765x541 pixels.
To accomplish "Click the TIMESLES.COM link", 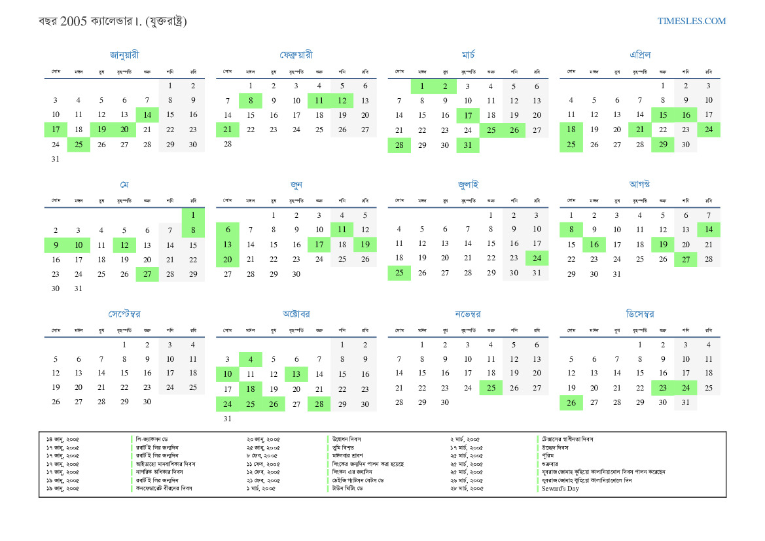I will pos(692,21).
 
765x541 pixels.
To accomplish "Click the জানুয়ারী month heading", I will pos(124,55).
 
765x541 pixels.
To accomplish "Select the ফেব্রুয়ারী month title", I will pos(296,55).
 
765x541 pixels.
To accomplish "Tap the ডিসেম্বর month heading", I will pos(639,314).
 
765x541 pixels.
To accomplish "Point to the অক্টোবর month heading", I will pos(296,314).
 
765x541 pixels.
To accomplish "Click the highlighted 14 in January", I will pos(147,114).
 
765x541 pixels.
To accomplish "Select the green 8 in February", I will pos(250,101).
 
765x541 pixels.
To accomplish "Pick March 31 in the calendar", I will pos(468,145).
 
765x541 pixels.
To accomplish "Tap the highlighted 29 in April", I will pos(662,145).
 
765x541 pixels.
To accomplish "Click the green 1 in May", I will pos(193,215).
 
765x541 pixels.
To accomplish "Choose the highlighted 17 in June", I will pos(319,245).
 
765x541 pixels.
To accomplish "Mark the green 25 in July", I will pos(399,273).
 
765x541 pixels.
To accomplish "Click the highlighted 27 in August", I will pos(685,259).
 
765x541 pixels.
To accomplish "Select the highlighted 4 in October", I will pos(250,359).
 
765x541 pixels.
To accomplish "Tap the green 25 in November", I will pos(491,388).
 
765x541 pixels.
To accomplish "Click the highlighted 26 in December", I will pos(571,402).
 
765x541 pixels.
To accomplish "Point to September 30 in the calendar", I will pos(147,402).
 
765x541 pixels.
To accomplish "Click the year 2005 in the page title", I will pos(73,22).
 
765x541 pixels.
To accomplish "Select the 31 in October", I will pos(227,419).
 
